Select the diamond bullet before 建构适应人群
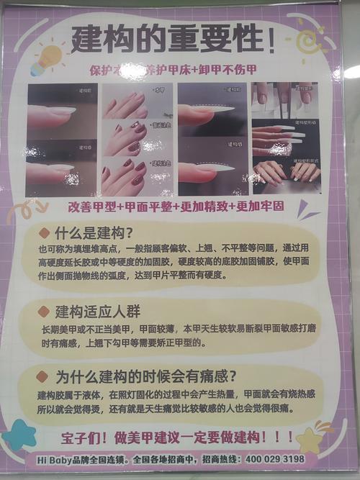[44, 312]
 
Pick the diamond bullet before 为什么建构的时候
[44, 376]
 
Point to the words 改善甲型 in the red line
[91, 207]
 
